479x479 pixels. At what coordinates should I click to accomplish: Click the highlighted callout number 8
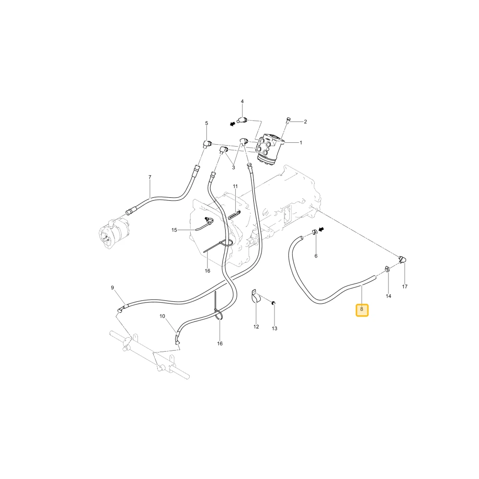362,309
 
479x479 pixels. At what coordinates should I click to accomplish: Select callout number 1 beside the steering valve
301,143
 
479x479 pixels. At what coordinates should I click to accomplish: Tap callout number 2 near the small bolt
305,122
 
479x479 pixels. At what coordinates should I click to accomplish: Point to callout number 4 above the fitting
242,102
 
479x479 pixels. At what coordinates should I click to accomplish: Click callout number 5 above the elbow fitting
206,124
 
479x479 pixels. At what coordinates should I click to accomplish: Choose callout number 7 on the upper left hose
149,177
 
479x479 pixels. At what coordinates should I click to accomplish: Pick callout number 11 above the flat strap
235,186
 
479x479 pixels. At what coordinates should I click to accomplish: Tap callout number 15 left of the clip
174,230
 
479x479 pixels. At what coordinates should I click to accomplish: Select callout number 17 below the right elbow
405,286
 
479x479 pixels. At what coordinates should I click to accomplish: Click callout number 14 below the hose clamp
388,296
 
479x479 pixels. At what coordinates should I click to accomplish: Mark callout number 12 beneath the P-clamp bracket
256,327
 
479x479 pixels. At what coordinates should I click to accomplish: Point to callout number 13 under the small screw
274,329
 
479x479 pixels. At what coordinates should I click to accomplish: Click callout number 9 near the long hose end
112,288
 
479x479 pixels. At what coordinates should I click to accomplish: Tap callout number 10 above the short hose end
162,317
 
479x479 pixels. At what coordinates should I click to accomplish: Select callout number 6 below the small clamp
316,256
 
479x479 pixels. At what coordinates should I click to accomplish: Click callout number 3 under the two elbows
233,168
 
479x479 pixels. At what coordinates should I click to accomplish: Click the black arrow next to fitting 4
233,124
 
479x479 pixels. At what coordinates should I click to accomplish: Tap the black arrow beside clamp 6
321,229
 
